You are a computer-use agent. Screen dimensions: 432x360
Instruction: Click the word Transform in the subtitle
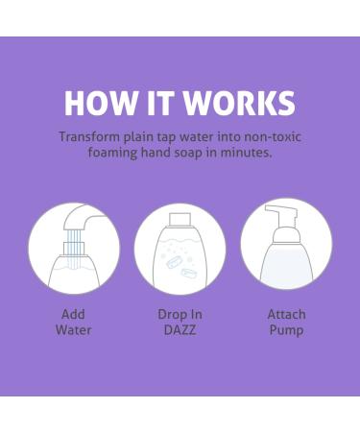point(91,136)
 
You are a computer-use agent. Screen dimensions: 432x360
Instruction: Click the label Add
point(73,314)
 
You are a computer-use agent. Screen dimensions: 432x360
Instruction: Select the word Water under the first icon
point(73,330)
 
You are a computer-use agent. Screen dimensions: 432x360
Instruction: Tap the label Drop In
point(179,314)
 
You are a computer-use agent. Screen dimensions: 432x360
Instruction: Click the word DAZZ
point(179,330)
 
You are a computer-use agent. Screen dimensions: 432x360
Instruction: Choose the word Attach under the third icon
point(286,314)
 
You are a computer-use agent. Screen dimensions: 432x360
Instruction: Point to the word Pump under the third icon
point(286,330)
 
